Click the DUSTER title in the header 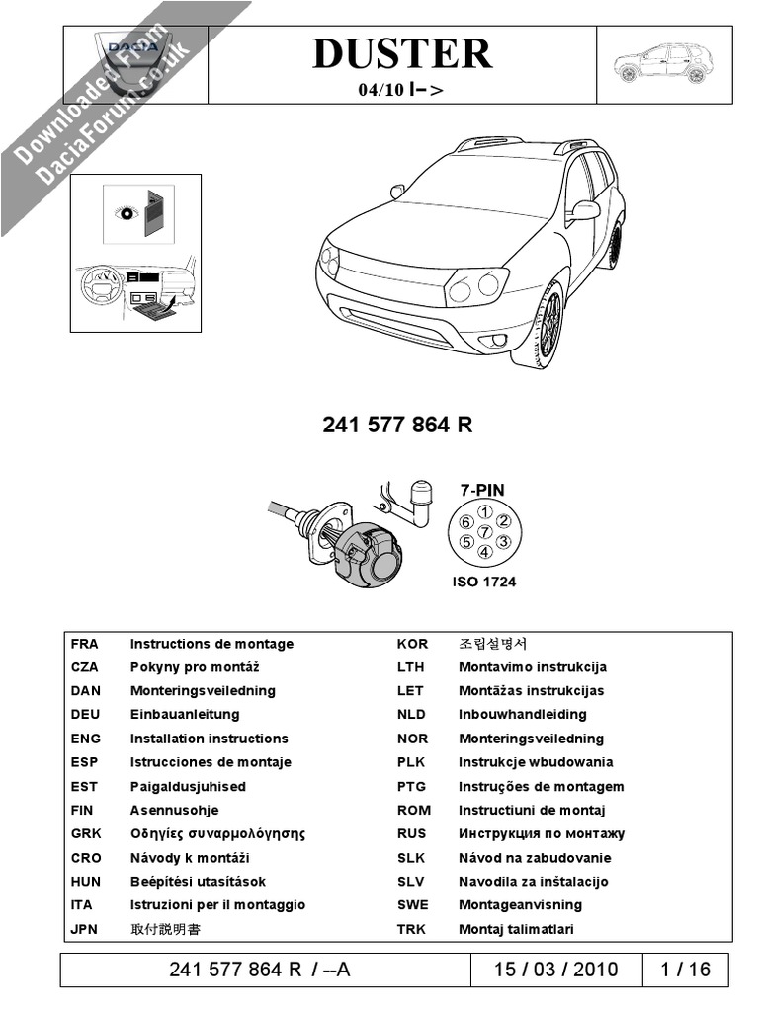click(x=401, y=53)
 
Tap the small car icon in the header click(x=661, y=64)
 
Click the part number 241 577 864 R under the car click(x=398, y=426)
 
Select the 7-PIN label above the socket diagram click(x=483, y=489)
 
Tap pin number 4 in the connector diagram click(x=484, y=554)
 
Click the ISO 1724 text click(x=483, y=582)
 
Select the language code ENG click(x=85, y=739)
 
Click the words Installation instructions click(x=209, y=739)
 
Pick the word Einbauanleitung click(x=184, y=715)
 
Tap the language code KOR click(x=412, y=644)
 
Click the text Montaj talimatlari click(x=516, y=929)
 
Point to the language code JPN click(x=86, y=929)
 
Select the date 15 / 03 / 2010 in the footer click(x=556, y=969)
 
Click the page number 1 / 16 click(x=685, y=969)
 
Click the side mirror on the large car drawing click(x=584, y=210)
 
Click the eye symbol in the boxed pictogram click(x=126, y=210)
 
